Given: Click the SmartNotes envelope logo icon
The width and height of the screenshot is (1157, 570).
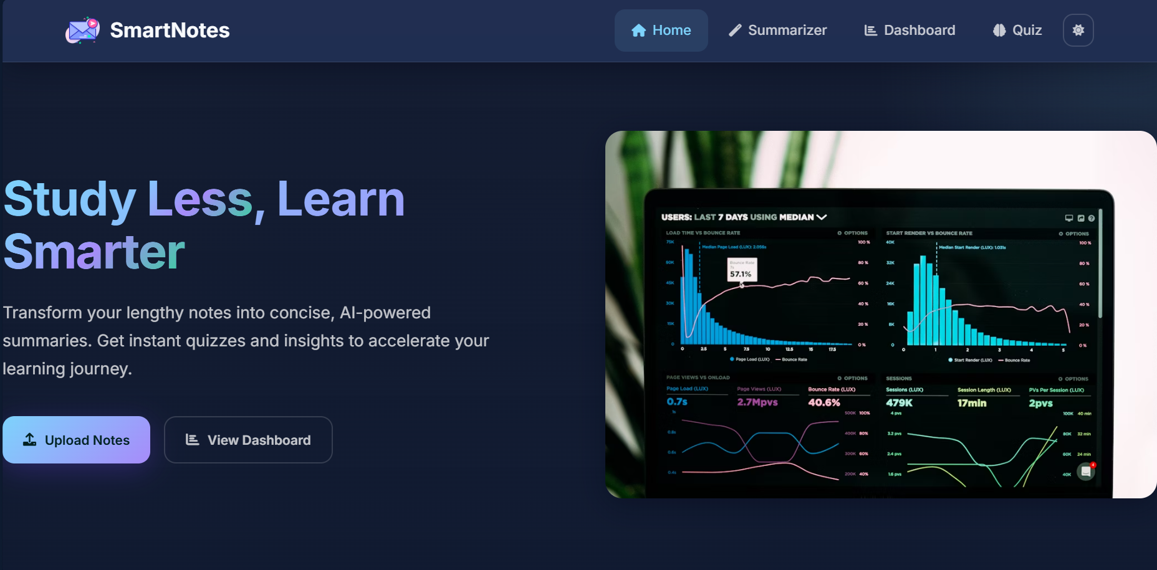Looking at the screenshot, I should [82, 30].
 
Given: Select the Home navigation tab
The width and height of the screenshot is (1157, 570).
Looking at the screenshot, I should [661, 30].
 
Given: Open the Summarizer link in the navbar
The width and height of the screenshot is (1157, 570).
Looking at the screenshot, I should [777, 30].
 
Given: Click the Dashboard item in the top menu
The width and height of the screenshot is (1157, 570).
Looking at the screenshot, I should [910, 30].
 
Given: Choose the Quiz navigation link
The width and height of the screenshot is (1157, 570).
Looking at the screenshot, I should [1017, 30].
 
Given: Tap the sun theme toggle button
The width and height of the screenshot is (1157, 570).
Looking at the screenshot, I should [1078, 30].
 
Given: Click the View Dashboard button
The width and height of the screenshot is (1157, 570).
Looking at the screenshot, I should [248, 440].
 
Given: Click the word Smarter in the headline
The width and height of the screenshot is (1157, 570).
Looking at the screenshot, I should [94, 252].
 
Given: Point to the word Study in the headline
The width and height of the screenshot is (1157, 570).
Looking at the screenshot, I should [70, 199].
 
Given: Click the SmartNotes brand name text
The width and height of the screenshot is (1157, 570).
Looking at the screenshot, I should [170, 30].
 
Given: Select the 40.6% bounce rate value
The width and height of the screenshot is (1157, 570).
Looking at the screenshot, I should [823, 402].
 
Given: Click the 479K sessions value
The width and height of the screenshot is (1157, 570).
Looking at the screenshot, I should [899, 403].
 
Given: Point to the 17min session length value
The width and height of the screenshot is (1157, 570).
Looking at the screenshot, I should [971, 403].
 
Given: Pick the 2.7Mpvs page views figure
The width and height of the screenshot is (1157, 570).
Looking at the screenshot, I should [757, 402].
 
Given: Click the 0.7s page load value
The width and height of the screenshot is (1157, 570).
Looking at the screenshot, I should [677, 402].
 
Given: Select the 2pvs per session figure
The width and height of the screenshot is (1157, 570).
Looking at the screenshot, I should [1040, 403].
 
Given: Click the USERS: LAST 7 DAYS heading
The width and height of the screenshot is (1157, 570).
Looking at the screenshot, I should [737, 217].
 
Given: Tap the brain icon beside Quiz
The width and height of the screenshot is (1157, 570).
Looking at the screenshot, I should [999, 30].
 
